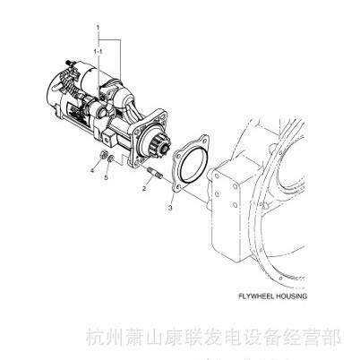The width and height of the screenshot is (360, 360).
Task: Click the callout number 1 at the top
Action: coord(98,28)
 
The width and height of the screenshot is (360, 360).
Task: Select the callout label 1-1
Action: coord(98,52)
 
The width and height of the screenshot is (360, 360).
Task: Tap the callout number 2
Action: coord(144,188)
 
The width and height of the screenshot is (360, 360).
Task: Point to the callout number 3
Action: coord(170,208)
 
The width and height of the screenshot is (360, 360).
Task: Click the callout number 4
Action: coord(92,170)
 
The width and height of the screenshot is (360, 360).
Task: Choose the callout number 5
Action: coord(106,177)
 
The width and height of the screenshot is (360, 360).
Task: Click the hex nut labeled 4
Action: coord(102,155)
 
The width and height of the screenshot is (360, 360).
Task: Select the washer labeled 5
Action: coord(110,159)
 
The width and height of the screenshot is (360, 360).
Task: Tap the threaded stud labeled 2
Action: coord(154,174)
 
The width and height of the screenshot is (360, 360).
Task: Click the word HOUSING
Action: coord(291,296)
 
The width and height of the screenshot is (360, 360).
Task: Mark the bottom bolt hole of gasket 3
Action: coord(177,188)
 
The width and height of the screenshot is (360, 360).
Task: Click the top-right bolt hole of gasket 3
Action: coord(204,139)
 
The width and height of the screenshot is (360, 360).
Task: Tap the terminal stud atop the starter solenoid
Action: coord(68,63)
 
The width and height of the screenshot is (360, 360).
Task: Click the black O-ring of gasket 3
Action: coord(194,164)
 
